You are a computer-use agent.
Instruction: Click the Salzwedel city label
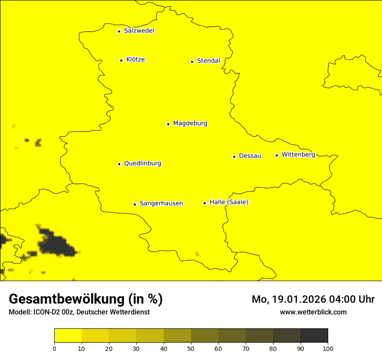139,31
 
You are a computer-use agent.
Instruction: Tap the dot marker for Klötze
121,60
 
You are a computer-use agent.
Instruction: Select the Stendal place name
208,61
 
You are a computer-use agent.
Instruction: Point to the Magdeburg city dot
168,124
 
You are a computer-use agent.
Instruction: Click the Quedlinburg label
142,164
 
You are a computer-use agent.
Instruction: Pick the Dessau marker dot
234,157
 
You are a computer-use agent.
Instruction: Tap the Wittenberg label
298,154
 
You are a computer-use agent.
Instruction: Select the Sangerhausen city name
161,203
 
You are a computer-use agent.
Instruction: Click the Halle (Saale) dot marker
204,203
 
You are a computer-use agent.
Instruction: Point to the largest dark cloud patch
56,245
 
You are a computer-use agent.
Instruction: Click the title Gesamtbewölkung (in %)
86,299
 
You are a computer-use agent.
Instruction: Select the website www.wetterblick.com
313,312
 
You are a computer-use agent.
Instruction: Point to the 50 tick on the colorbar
191,348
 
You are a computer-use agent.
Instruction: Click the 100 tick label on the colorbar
328,348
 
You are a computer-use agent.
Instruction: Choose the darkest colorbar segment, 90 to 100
314,336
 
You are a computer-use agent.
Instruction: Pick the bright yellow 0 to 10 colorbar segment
68,336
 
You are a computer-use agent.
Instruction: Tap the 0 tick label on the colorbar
54,348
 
